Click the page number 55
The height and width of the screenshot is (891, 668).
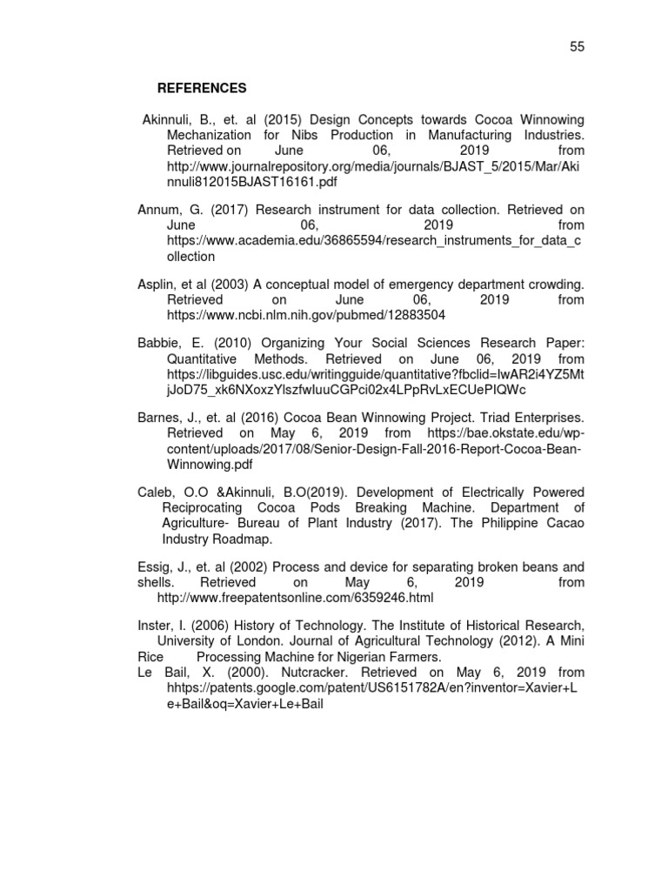point(577,47)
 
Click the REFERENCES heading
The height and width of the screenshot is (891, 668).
point(202,89)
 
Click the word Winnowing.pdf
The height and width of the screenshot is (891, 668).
point(213,464)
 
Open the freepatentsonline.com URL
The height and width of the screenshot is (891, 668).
point(294,598)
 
